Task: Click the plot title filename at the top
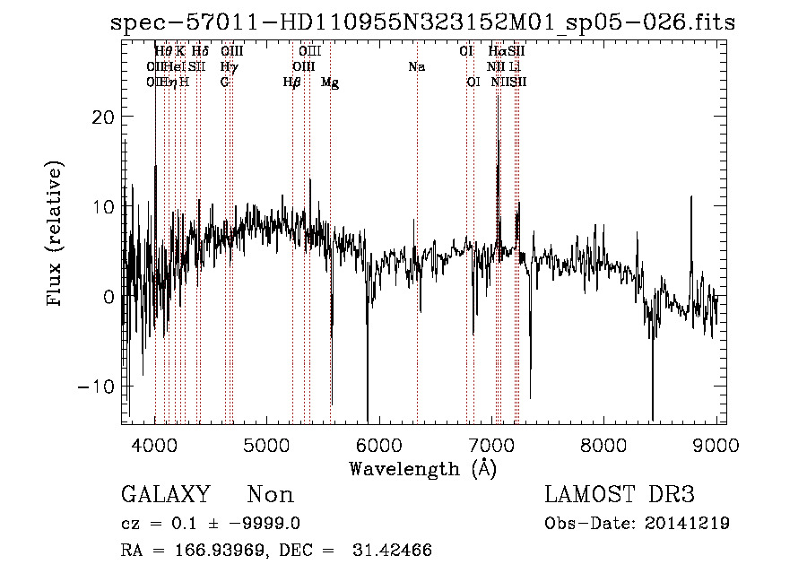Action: (x=422, y=23)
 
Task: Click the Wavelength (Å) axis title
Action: (x=422, y=468)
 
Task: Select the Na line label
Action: (x=416, y=67)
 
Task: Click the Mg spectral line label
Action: (x=330, y=83)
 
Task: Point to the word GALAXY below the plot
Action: (x=166, y=495)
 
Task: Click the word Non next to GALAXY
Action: (x=271, y=495)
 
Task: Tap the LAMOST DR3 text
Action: (x=620, y=495)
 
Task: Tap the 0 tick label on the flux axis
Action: (x=108, y=297)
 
